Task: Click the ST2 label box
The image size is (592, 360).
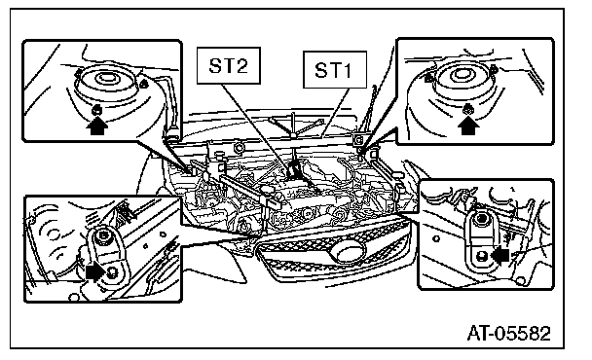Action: click(x=229, y=65)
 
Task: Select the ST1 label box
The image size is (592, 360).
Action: click(x=335, y=70)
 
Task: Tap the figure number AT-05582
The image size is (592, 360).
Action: click(x=509, y=333)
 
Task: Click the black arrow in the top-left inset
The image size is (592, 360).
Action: click(x=97, y=126)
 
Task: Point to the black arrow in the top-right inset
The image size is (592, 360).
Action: click(x=468, y=125)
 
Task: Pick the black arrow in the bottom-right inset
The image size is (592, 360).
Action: click(x=500, y=255)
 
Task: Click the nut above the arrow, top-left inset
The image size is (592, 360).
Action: click(x=96, y=110)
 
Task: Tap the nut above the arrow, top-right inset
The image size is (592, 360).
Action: click(x=468, y=109)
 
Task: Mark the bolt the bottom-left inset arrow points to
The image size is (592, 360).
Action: click(x=112, y=273)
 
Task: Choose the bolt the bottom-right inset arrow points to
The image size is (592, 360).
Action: click(x=481, y=257)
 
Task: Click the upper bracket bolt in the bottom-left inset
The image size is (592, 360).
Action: click(x=102, y=236)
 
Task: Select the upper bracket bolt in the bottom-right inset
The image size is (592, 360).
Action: click(x=481, y=219)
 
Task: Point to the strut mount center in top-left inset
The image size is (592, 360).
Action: click(x=106, y=79)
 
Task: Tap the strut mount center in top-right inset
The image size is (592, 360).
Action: click(x=461, y=73)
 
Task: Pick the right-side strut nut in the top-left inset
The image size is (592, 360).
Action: click(x=143, y=84)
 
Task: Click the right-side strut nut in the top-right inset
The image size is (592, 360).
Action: click(x=494, y=69)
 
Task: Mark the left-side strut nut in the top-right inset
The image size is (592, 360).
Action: click(x=428, y=79)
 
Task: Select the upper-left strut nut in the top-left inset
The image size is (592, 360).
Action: click(x=79, y=72)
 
